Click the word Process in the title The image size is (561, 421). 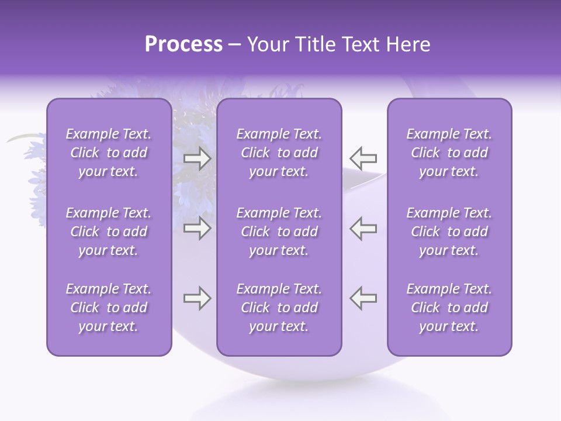tap(183, 45)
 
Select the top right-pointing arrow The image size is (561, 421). tap(198, 158)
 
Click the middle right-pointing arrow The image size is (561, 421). tap(198, 229)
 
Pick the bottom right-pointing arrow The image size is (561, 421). tap(198, 298)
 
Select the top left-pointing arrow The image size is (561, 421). tap(363, 158)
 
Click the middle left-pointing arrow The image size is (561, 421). tap(363, 229)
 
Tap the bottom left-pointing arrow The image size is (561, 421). tap(363, 298)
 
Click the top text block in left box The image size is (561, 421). tap(109, 153)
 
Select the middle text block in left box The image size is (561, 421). tap(109, 232)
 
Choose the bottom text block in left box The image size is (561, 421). tap(109, 308)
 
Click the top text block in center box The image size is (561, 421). tap(279, 153)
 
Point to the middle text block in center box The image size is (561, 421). tap(279, 232)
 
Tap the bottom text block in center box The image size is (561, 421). tap(279, 308)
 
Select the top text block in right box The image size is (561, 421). tap(449, 153)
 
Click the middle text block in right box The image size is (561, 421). tap(449, 232)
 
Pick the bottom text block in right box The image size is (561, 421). tap(449, 308)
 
